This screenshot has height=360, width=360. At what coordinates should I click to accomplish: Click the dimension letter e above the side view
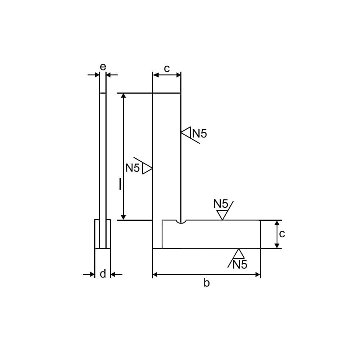point(103,67)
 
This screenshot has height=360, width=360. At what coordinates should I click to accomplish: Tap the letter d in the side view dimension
point(103,274)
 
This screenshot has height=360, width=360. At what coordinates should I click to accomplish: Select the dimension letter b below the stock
point(206,283)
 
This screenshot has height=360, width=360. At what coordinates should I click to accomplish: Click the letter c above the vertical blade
point(167,68)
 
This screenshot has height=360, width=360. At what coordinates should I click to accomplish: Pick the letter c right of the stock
point(282,234)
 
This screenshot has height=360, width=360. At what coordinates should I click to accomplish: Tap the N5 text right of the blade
point(200,134)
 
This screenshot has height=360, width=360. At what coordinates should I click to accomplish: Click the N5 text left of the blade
point(132,168)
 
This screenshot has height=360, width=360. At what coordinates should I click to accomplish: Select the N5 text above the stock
point(221,204)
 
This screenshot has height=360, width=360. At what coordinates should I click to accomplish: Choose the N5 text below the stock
point(240,265)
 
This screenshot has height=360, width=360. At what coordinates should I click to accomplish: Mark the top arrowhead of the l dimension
point(123,96)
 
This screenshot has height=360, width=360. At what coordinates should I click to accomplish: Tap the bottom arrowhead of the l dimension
point(123,217)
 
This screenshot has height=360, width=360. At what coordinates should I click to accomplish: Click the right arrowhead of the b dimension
point(258,275)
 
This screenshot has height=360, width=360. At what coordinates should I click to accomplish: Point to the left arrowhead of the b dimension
point(155,275)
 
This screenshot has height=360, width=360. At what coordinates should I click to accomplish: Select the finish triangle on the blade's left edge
point(147,168)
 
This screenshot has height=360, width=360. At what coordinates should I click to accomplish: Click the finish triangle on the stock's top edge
point(222,215)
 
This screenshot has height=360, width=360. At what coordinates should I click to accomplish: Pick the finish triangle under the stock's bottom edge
point(238,254)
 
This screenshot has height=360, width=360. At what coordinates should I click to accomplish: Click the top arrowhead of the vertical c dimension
point(277,223)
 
